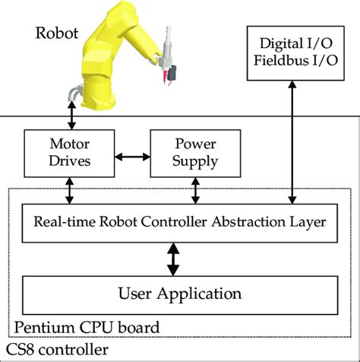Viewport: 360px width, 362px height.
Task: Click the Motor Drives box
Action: point(70,153)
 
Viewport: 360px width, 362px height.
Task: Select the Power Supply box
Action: point(196,153)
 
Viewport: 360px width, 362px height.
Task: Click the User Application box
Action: point(180,292)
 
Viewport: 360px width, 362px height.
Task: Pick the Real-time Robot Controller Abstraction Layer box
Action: point(180,223)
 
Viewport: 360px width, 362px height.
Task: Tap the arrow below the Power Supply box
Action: point(196,189)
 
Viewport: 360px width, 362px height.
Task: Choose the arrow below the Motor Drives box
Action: point(70,189)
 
